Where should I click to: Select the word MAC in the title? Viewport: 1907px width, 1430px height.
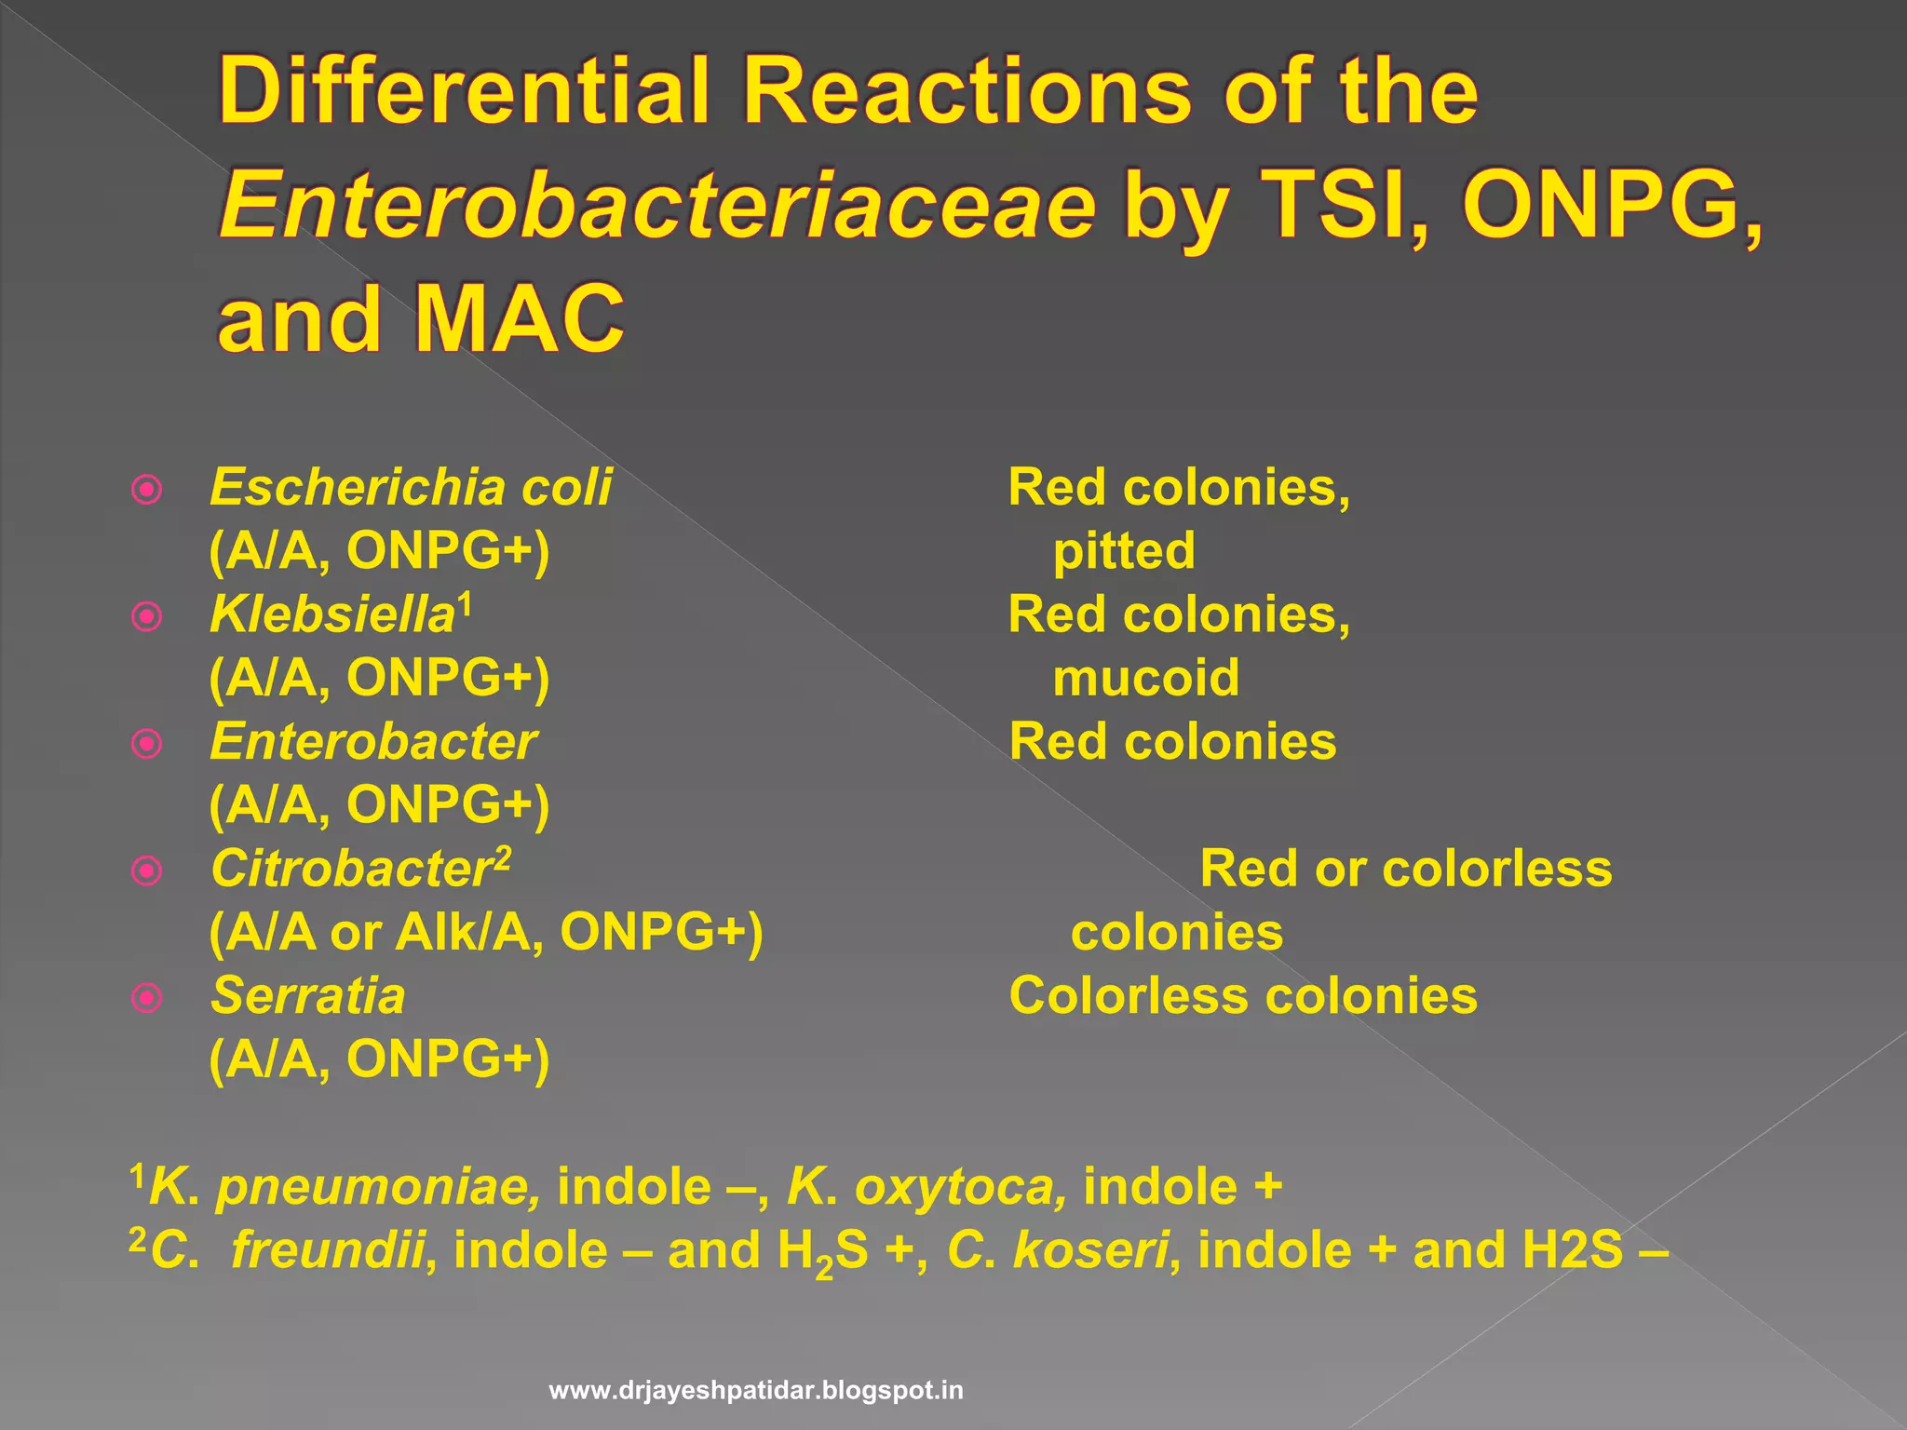click(519, 318)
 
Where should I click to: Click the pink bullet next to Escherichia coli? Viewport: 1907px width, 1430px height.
click(147, 490)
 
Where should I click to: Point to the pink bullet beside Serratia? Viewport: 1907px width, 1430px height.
click(147, 998)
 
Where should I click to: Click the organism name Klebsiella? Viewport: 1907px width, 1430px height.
click(331, 615)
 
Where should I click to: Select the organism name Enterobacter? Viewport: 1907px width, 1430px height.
click(372, 742)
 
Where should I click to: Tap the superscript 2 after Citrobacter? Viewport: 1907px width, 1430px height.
click(502, 856)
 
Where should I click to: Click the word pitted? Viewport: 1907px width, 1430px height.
click(1123, 550)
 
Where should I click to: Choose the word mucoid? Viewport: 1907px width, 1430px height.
click(1145, 677)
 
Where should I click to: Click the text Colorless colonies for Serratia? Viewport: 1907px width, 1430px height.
click(1242, 995)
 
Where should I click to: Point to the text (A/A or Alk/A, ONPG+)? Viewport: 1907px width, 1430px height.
click(485, 932)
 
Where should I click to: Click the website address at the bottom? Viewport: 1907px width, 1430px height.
click(756, 1391)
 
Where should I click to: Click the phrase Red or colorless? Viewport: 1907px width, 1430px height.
click(1405, 869)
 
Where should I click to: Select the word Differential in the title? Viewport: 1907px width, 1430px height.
click(465, 91)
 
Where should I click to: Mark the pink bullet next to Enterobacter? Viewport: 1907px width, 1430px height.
click(147, 744)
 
